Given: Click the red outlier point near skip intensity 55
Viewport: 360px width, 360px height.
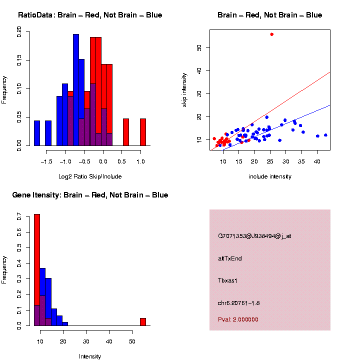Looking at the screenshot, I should click(271, 34).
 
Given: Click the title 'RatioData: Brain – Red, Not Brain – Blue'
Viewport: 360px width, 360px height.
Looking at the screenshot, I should click(90, 15).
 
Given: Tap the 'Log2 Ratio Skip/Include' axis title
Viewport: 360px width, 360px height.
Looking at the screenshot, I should click(90, 176).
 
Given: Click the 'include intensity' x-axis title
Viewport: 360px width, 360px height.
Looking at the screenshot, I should click(270, 176).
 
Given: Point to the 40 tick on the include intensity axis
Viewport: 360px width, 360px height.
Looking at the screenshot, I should click(317, 162).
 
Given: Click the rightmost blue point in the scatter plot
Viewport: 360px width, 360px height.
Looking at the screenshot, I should click(325, 135).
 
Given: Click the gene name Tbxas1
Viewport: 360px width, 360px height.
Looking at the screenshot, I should click(228, 280).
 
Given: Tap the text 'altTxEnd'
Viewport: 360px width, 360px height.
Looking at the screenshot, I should click(230, 258).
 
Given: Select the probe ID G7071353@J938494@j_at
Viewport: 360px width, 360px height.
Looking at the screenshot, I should click(254, 236).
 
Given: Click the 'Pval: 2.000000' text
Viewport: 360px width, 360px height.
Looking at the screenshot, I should click(238, 319).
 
